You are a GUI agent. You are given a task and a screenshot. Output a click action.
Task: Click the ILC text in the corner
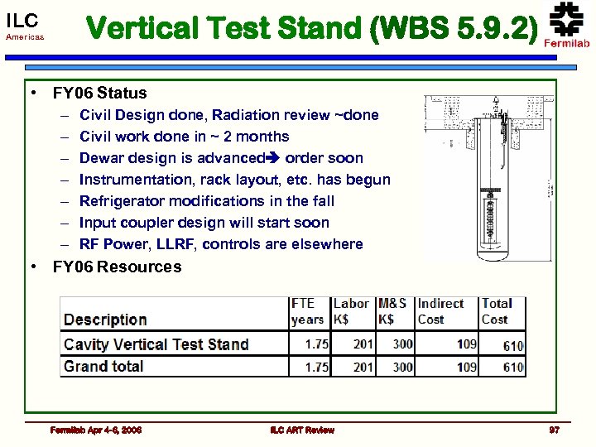(x=22, y=19)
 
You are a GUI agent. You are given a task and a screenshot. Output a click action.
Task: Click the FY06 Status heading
(x=99, y=94)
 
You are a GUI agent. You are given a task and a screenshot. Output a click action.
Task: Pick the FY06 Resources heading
(x=117, y=267)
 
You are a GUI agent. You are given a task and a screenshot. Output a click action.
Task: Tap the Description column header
(x=105, y=320)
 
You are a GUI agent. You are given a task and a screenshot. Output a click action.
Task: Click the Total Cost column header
(x=497, y=311)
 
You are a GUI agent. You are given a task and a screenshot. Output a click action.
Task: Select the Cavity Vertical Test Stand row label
(x=156, y=344)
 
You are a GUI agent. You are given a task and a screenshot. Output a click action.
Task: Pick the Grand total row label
(x=103, y=366)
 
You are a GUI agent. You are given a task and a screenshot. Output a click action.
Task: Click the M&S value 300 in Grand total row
(x=403, y=367)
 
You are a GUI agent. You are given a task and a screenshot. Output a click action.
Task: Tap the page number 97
(x=555, y=430)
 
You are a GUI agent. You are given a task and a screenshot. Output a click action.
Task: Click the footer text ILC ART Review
(x=302, y=430)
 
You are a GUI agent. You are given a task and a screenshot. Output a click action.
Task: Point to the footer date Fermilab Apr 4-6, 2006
(x=96, y=430)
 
